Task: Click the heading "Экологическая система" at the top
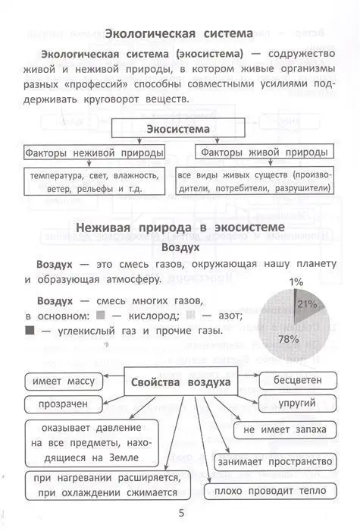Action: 180,33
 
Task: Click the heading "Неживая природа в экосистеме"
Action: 180,228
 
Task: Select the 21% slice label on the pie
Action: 306,304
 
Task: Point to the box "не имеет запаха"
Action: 284,430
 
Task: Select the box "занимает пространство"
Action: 275,461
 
